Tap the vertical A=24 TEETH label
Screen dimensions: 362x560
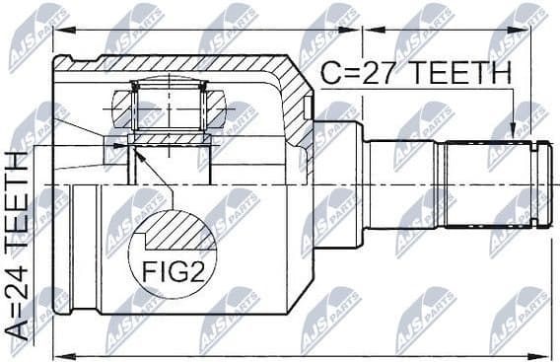tap(17, 246)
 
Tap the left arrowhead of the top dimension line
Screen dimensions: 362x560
tap(57, 31)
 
